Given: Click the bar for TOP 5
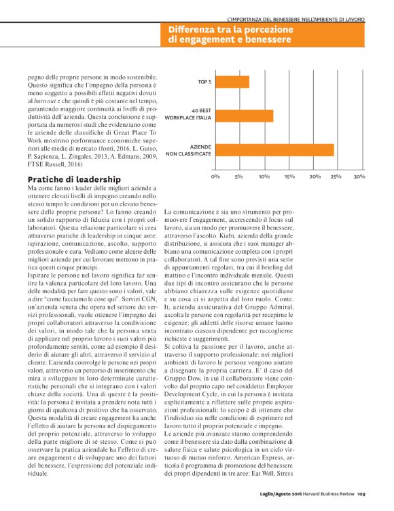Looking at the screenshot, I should [232, 82].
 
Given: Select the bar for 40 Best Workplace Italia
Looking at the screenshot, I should [244, 116].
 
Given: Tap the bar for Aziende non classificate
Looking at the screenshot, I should [274, 150].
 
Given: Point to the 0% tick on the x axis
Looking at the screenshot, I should [215, 176].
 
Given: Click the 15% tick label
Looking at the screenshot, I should [289, 176].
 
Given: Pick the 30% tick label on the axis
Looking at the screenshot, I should [359, 176].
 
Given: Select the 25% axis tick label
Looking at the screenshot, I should [336, 176].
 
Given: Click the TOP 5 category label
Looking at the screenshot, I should [204, 82].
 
